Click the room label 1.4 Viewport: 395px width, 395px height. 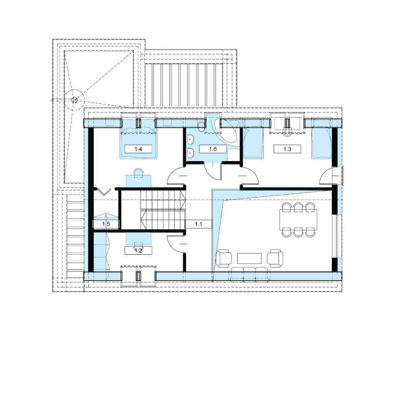139,149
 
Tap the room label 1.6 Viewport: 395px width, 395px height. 213,149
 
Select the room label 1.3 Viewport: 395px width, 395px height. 287,149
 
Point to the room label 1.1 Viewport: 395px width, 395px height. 198,224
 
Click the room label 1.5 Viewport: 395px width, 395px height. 106,224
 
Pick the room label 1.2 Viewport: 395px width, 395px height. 139,251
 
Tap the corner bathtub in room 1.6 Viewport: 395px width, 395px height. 226,132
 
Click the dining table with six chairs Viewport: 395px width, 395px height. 298,219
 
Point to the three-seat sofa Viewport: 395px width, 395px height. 250,274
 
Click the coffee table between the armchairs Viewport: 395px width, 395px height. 249,258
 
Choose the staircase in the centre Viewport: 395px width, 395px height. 163,210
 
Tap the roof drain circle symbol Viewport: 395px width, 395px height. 74,100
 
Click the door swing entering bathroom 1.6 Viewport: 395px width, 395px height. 213,171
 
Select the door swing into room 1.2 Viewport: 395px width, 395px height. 176,244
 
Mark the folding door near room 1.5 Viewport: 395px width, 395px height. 104,192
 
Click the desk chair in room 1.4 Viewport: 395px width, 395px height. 139,172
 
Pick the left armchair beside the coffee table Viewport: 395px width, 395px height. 224,258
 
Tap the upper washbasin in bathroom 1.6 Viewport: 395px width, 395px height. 190,139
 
